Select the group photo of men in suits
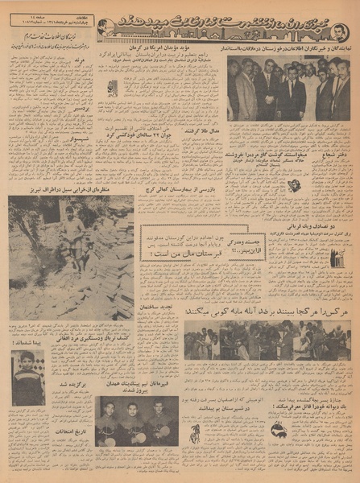288,89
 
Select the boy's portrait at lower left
29,376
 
